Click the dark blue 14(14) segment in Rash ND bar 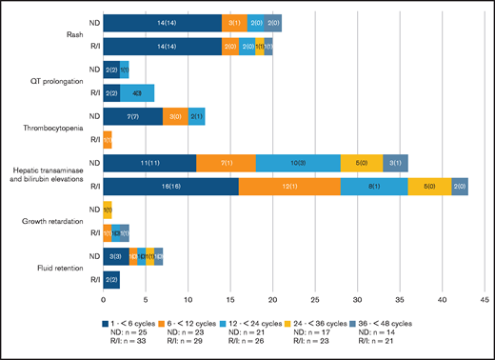coord(162,21)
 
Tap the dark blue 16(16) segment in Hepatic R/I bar coord(170,188)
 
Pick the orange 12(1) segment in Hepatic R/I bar coord(289,188)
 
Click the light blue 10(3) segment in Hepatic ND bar coord(297,163)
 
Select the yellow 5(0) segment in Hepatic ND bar coord(361,163)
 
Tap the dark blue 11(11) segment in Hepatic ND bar coord(149,163)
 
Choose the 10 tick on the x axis coord(188,301)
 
